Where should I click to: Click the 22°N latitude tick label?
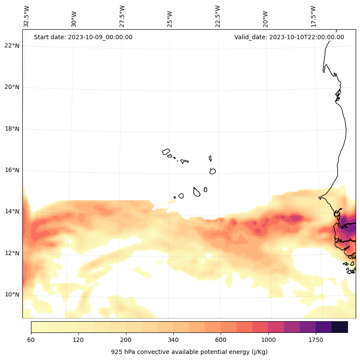[12, 46]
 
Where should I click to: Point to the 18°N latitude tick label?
[12, 129]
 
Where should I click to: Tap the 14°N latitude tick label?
[12, 211]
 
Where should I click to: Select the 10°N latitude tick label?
[12, 295]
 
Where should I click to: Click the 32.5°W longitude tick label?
[27, 16]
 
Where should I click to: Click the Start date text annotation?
[83, 37]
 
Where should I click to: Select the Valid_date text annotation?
[289, 37]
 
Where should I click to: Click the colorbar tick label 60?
[31, 340]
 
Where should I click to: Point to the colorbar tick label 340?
[173, 340]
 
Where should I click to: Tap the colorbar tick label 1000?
[268, 340]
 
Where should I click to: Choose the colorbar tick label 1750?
[316, 340]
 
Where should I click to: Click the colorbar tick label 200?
[126, 340]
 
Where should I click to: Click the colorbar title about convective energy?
[189, 352]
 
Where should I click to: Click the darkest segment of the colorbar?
[340, 327]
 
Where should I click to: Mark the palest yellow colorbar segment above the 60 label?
[39, 327]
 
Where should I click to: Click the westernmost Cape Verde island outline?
[166, 152]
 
